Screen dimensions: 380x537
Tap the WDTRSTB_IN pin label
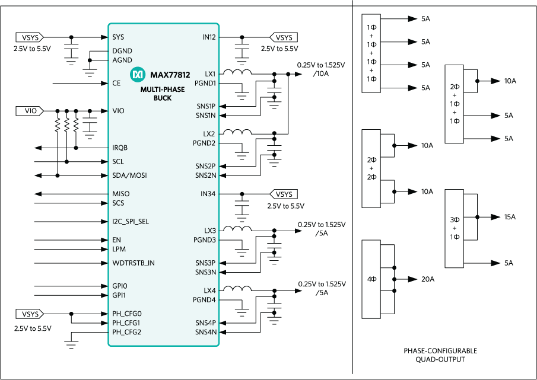tap(134, 263)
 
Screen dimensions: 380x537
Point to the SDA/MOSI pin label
tap(129, 175)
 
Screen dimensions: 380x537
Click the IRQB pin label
tap(120, 148)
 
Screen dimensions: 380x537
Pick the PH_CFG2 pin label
tap(127, 332)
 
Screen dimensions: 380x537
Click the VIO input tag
tap(30, 111)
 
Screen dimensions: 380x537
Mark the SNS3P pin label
tap(205, 263)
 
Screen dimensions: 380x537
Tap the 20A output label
tap(428, 279)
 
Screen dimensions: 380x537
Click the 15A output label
tap(510, 217)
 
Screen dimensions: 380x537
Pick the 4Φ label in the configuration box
tap(371, 279)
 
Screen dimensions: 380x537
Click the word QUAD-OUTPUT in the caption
tap(440, 359)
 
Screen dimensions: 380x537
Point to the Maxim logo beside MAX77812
tap(138, 75)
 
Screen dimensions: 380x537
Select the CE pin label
tap(116, 83)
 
